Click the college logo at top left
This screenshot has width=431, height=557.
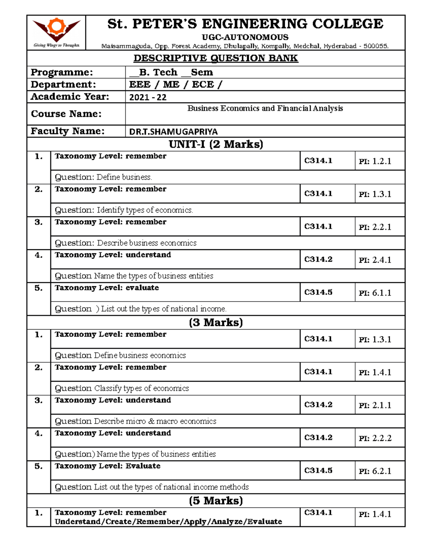click(x=56, y=32)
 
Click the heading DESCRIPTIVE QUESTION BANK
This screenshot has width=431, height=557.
click(x=216, y=58)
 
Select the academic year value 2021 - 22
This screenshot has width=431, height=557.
click(x=148, y=97)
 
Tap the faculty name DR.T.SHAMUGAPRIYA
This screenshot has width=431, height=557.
click(x=173, y=132)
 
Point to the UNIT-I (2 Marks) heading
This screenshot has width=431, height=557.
click(x=216, y=144)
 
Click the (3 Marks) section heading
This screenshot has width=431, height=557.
click(x=216, y=322)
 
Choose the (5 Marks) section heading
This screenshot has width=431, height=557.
click(x=216, y=501)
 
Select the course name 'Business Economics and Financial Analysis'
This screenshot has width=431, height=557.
click(x=265, y=108)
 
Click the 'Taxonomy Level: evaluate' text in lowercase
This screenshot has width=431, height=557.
click(x=107, y=288)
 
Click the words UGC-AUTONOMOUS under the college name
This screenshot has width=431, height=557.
click(x=245, y=37)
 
